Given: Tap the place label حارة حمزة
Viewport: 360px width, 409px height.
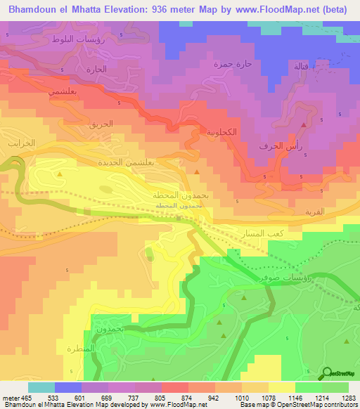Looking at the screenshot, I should coord(232,64).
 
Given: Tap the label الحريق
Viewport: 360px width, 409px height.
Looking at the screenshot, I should coord(101,124).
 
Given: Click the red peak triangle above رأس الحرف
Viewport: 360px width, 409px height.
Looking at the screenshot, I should coord(304,125).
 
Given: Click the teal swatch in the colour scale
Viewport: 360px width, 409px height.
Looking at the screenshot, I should coord(41,387).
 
